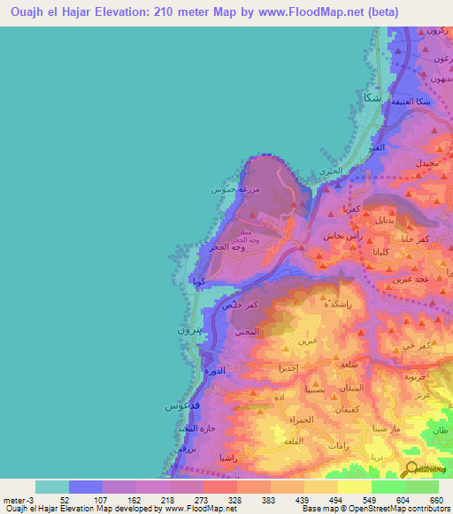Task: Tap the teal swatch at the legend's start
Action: (52, 487)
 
